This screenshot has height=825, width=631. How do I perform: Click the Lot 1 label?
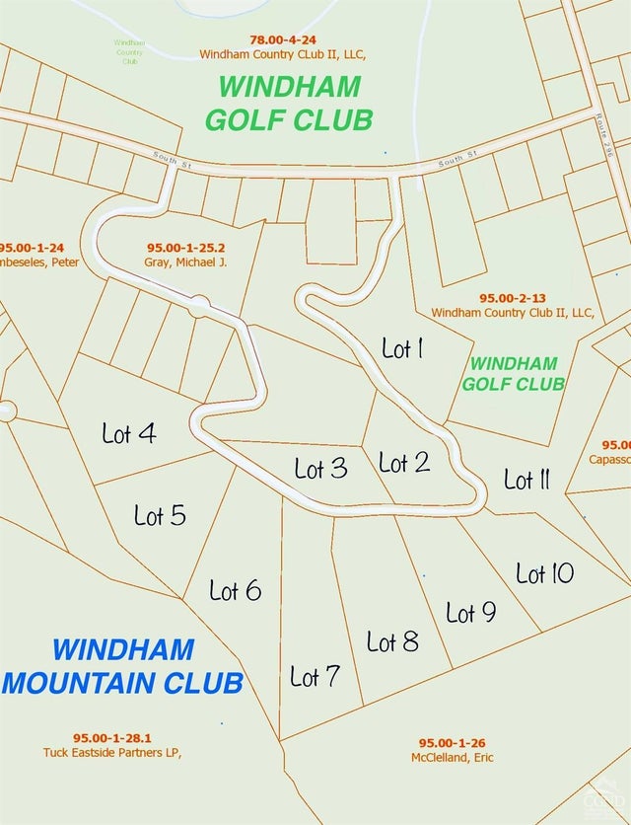click(402, 348)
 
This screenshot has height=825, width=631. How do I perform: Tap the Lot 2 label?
click(404, 462)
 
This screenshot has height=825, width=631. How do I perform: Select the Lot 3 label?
click(320, 468)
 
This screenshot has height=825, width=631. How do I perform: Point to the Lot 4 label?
click(129, 432)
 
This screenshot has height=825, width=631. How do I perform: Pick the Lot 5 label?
click(160, 515)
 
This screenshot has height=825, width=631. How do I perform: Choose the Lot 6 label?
click(235, 590)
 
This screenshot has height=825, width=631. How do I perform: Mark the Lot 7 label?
click(315, 677)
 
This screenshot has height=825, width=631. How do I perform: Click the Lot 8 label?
click(392, 642)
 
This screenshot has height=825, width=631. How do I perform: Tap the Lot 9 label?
click(470, 613)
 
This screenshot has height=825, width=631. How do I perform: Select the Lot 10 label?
click(544, 573)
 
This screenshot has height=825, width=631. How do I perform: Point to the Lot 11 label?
click(526, 481)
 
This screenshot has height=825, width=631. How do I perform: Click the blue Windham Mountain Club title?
click(123, 666)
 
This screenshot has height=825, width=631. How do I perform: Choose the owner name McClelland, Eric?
click(453, 757)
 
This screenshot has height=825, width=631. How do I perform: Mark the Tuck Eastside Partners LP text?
click(113, 752)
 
